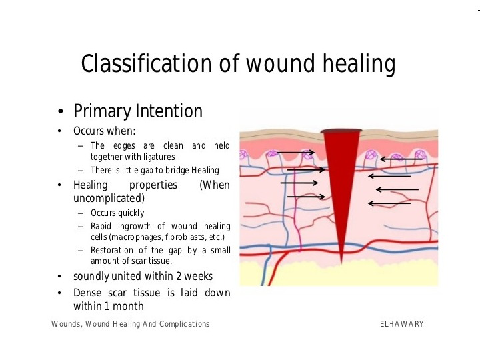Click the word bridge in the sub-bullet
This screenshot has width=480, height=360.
pos(174,170)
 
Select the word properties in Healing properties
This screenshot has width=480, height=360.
pos(153,185)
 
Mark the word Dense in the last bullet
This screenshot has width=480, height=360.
pos(87,293)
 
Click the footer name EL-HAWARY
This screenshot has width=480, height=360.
pos(401,324)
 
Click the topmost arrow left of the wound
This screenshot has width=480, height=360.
pos(295,153)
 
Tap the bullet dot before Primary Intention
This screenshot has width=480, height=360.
pos(60,111)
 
